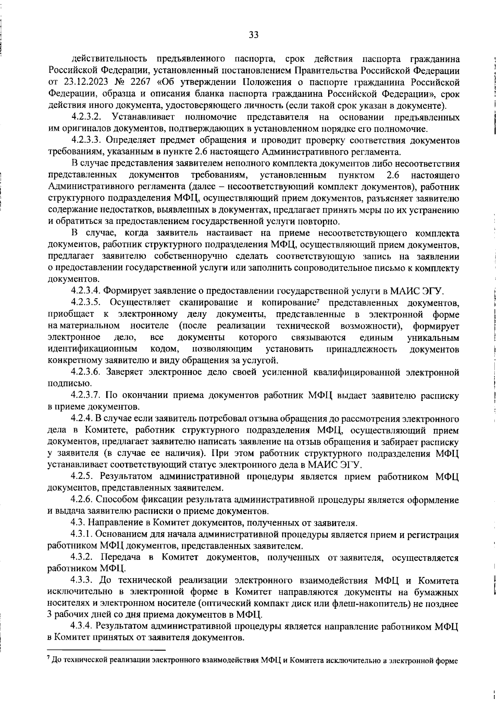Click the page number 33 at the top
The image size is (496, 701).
pos(254,35)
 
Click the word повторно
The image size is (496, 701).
pos(320,221)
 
